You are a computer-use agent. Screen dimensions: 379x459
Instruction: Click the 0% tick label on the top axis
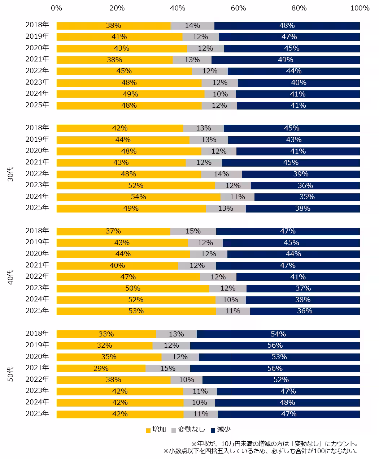tap(56, 8)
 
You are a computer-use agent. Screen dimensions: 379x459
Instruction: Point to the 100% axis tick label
tap(360, 8)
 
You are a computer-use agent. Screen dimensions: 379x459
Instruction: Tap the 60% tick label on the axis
tap(238, 8)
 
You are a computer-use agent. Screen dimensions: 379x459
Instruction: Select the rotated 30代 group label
tap(10, 174)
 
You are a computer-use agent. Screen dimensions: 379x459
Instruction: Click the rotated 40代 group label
tap(10, 277)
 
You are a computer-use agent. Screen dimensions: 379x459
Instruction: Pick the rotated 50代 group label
tap(10, 374)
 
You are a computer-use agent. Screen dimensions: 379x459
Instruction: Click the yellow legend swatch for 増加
tap(148, 430)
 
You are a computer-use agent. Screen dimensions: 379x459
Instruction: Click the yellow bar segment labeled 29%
tap(101, 368)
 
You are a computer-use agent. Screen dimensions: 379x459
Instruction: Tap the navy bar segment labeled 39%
tap(301, 174)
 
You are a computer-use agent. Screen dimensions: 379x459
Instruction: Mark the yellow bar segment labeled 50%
tap(133, 288)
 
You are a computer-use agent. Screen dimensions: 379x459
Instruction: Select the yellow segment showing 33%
tap(106, 334)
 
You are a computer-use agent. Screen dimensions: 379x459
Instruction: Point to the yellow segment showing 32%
tap(105, 346)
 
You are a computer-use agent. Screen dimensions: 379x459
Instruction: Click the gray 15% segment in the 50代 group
tap(168, 368)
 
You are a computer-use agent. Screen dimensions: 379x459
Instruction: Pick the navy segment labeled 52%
tap(281, 379)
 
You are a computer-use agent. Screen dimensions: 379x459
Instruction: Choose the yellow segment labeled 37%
tap(113, 231)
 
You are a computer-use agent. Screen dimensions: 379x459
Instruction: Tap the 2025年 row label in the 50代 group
tap(37, 413)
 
